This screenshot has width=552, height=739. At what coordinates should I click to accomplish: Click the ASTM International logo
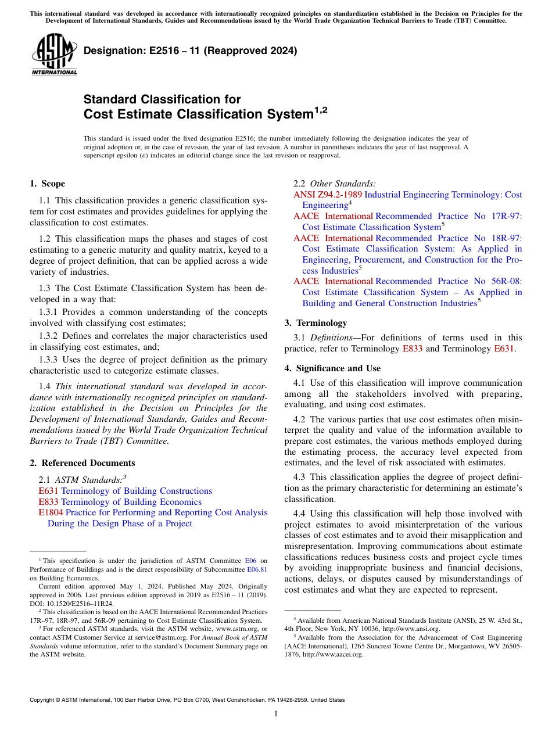click(54, 54)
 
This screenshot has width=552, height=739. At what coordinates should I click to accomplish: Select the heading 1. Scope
click(47, 184)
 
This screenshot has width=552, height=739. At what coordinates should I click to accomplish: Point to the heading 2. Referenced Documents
click(82, 463)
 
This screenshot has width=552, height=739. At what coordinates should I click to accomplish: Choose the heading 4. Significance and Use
click(332, 368)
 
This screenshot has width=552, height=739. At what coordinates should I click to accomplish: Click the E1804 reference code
click(51, 512)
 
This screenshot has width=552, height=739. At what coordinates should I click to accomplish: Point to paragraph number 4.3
click(301, 477)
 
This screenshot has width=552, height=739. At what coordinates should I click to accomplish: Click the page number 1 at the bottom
click(276, 714)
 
